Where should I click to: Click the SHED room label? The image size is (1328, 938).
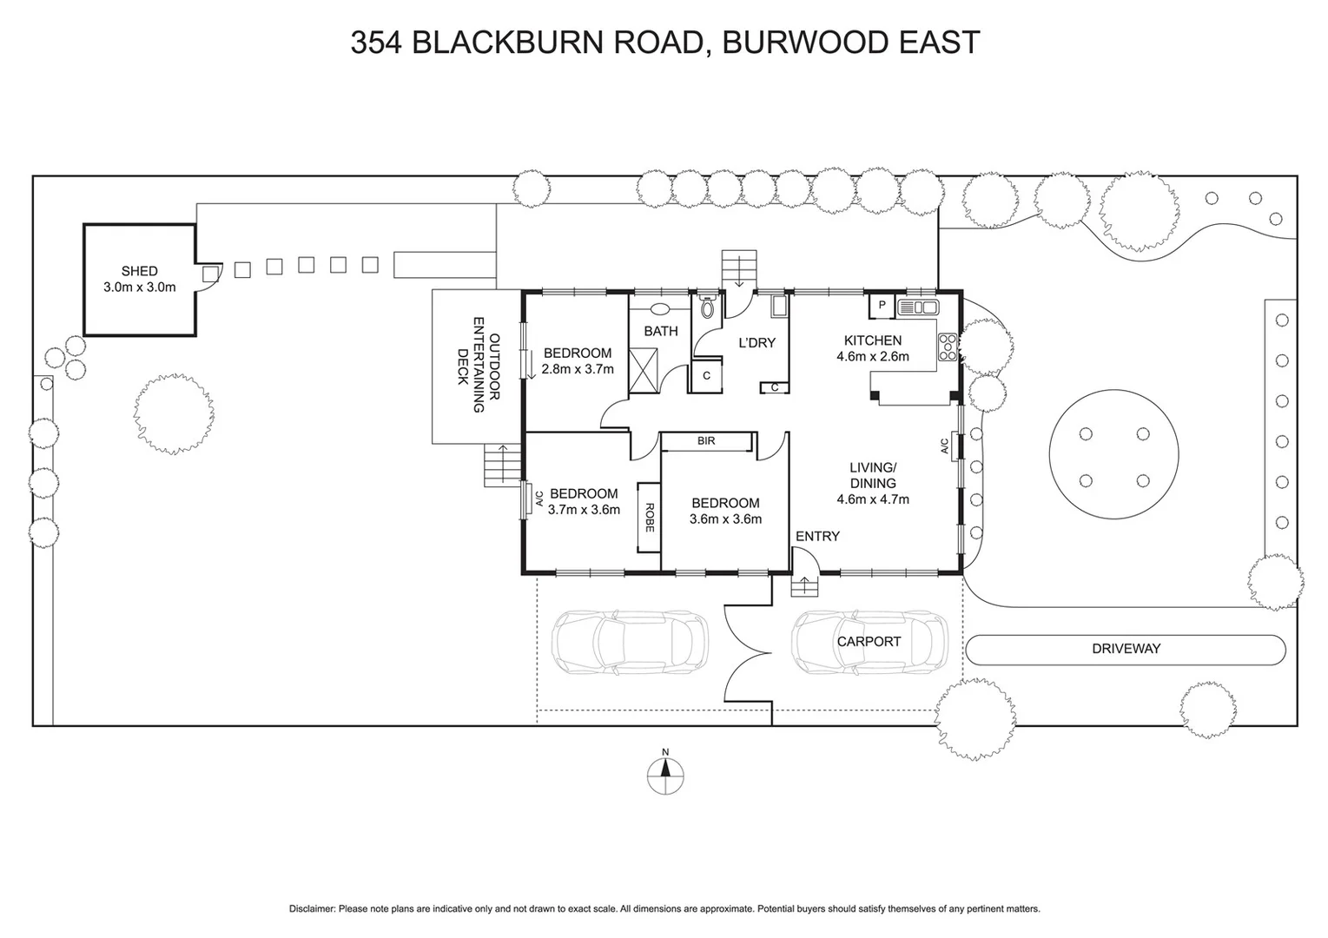coord(139,271)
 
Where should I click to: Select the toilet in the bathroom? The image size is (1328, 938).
coord(707,307)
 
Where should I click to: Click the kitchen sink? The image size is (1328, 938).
coord(919,307)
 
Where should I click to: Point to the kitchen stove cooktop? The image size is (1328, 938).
coord(947,347)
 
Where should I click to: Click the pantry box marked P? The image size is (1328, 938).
coord(882,307)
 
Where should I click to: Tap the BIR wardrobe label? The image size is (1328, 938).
coord(706,441)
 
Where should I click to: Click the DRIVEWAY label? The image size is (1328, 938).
coord(1126,649)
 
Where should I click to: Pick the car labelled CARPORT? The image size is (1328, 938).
coord(869,643)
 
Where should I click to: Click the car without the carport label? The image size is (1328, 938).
coord(631,643)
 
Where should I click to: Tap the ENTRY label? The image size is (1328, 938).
coord(817,536)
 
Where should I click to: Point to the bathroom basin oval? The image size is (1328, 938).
coord(660,308)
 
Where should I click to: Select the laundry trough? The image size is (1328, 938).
coord(778,307)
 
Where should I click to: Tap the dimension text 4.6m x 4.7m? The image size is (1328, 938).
coord(872,499)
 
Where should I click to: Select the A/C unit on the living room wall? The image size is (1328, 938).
coord(955,446)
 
